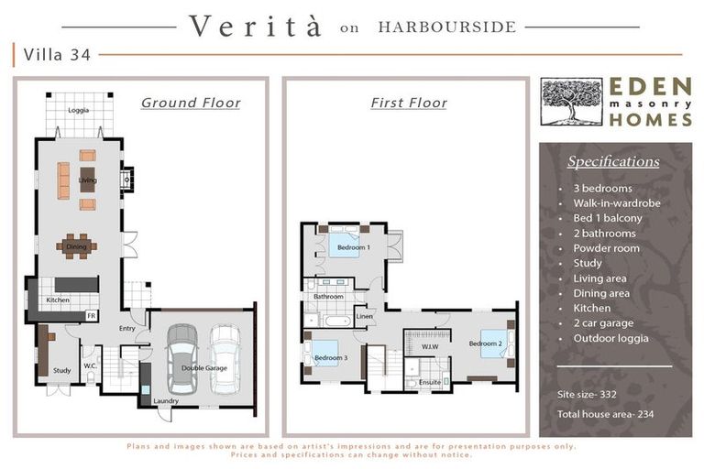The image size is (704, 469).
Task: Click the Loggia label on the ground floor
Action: [x=79, y=110]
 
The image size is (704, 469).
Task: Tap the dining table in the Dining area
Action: [x=76, y=246]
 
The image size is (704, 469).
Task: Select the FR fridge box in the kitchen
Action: [x=92, y=316]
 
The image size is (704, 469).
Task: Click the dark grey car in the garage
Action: [x=181, y=359]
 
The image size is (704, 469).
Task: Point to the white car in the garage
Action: [x=225, y=359]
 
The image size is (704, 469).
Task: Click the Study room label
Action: [x=62, y=371]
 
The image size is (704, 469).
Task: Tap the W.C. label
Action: [x=90, y=366]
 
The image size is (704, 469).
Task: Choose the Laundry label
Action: [x=166, y=401]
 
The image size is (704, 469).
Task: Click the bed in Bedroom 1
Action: [x=345, y=242]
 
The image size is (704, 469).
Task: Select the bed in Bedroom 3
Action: [x=324, y=354]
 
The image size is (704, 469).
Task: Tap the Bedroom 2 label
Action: [x=485, y=344]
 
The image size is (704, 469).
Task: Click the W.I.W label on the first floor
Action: [x=430, y=347]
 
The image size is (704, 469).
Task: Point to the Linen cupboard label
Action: [x=365, y=316]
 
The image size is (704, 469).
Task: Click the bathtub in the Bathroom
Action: [x=337, y=321]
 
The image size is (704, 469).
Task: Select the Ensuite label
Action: [x=430, y=382]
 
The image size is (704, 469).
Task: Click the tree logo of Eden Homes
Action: [x=571, y=102]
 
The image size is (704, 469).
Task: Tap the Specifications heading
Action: [x=613, y=161]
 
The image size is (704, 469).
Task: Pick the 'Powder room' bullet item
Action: [x=606, y=248]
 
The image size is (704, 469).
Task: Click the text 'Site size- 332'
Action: [x=587, y=395]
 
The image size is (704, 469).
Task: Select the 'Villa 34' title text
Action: [x=57, y=55]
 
